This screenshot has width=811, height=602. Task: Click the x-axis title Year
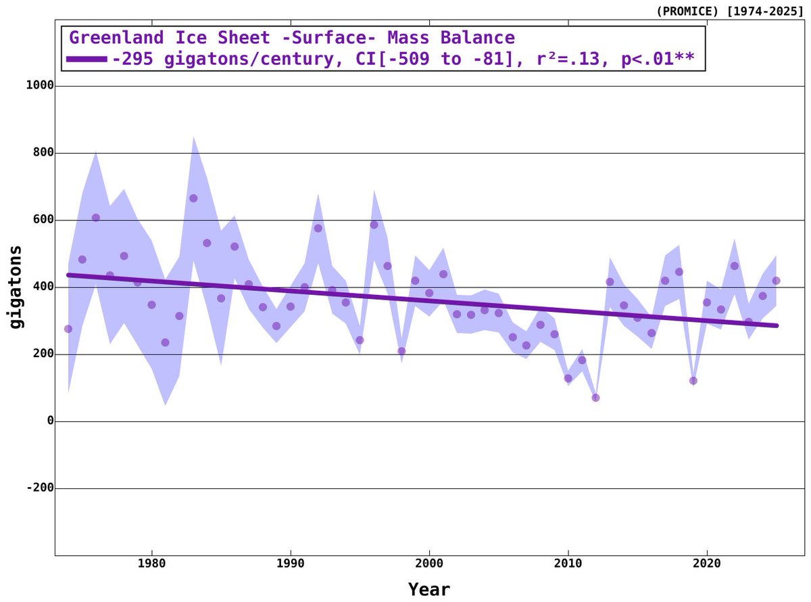pyautogui.click(x=428, y=589)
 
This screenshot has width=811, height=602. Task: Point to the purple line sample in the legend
pyautogui.click(x=87, y=60)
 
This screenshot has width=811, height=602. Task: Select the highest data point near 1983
pyautogui.click(x=193, y=198)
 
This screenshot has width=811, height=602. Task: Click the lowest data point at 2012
pyautogui.click(x=595, y=398)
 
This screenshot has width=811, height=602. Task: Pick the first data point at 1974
pyautogui.click(x=68, y=329)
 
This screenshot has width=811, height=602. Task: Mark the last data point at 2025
pyautogui.click(x=776, y=281)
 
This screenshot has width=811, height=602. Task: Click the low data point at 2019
pyautogui.click(x=693, y=381)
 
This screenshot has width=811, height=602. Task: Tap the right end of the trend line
pyautogui.click(x=777, y=325)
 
